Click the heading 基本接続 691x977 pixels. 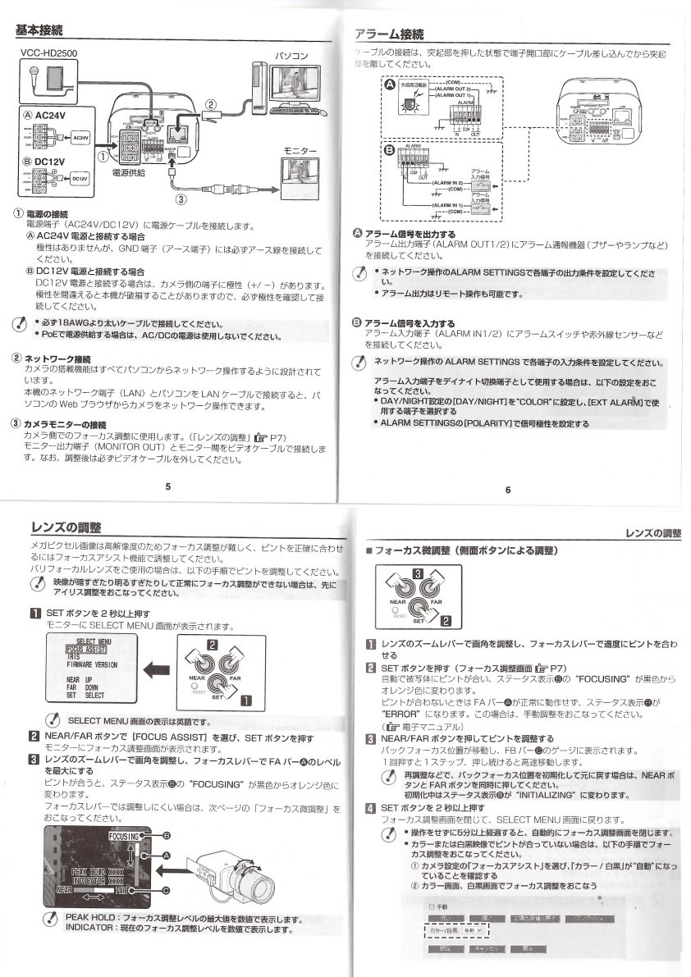point(40,32)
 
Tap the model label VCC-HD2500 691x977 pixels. point(48,54)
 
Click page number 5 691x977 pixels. point(167,486)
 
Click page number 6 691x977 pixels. point(508,490)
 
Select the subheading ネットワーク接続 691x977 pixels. point(57,359)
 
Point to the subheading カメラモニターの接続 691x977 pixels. point(65,423)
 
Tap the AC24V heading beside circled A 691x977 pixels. point(48,116)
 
